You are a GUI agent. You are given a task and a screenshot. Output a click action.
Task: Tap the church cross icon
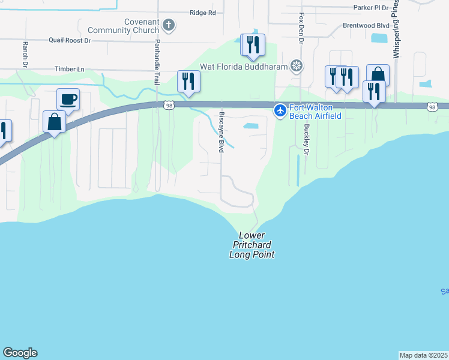169,25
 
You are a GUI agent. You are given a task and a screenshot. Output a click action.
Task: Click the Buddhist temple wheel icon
296,65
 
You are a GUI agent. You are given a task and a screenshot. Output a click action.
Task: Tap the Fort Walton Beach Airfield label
315,112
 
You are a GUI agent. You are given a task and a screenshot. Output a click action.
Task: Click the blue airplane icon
280,110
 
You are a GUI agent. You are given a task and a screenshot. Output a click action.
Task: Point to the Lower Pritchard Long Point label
252,245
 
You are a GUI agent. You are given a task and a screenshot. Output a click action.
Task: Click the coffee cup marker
68,100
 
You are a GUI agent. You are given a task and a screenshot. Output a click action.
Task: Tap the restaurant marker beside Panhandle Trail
188,82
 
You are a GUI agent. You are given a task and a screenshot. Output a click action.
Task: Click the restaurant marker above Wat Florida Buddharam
253,45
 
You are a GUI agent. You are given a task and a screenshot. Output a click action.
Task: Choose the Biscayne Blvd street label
221,131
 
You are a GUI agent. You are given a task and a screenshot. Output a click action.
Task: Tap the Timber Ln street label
69,69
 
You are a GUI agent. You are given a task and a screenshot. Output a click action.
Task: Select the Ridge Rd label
202,13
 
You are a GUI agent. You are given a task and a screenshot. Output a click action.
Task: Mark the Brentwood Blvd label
366,26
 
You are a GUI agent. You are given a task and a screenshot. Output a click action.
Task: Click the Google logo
20,353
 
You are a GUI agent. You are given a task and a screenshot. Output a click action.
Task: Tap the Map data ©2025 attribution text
424,355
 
